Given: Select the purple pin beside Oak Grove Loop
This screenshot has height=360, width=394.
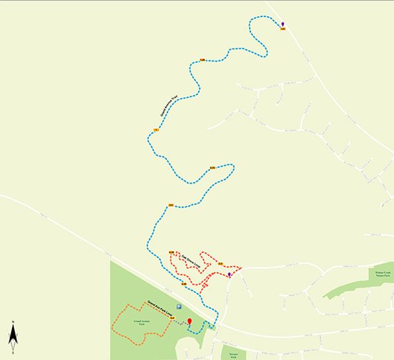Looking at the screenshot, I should pos(230,274).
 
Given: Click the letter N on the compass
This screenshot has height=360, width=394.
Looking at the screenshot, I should pos(13,323).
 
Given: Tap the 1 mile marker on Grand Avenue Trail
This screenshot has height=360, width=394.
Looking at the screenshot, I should pos(156,129).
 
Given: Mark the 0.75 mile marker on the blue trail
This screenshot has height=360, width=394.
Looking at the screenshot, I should pos(212,168).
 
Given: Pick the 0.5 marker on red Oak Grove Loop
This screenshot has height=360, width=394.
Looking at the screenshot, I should pos(219,263).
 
